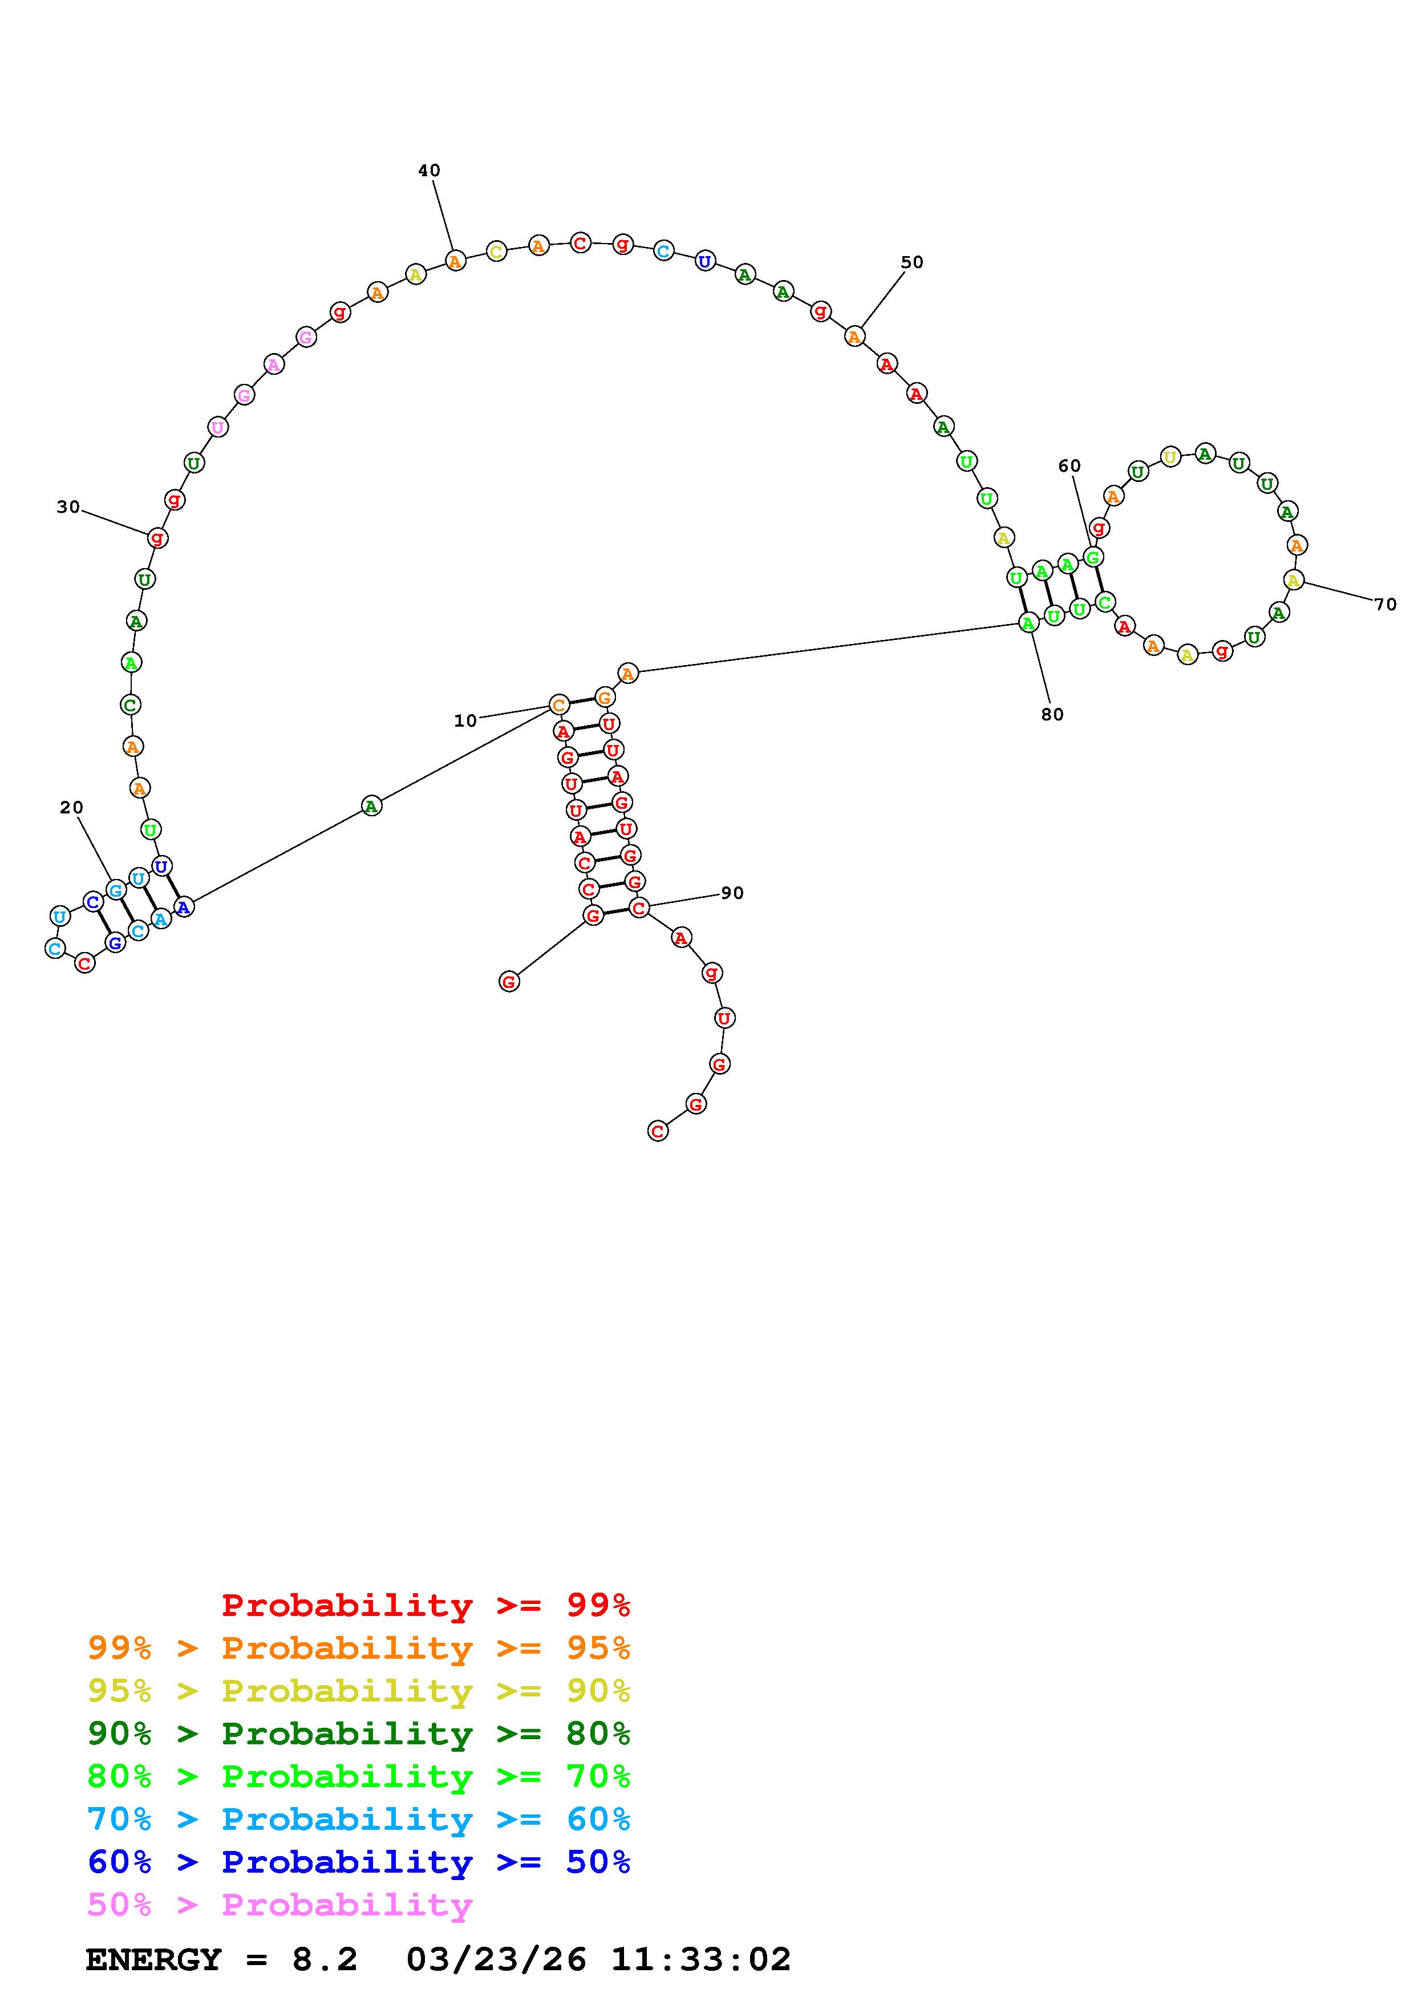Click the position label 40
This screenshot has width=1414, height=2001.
(428, 171)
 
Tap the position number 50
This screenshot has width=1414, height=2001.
(911, 262)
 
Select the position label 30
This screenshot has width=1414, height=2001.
(68, 507)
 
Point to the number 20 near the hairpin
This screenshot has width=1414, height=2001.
(71, 808)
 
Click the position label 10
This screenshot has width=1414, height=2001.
(465, 721)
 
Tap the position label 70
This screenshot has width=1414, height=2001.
(1385, 604)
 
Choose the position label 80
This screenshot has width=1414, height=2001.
(1052, 715)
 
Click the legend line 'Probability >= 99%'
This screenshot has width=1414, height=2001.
(426, 1605)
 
